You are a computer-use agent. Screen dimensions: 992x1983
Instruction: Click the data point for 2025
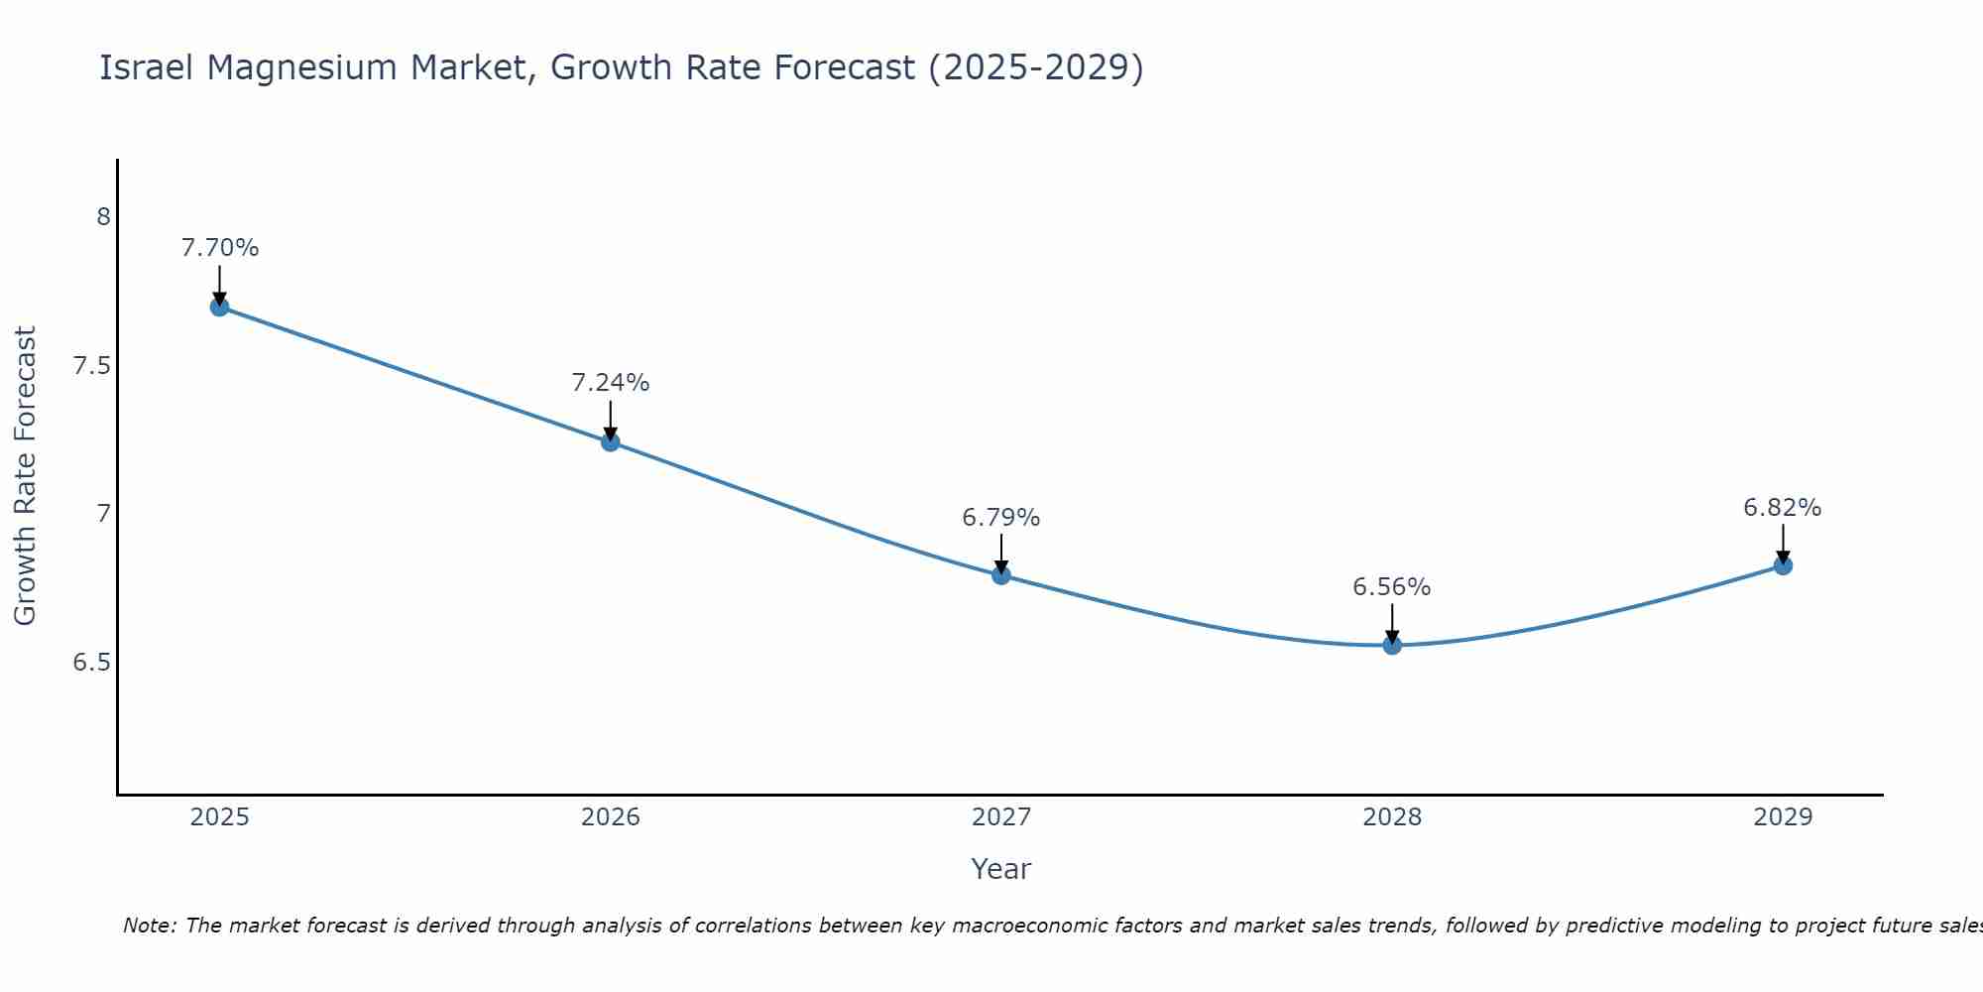click(219, 307)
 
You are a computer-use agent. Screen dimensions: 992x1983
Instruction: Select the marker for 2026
click(611, 441)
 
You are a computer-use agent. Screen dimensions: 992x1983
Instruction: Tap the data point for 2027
click(1001, 574)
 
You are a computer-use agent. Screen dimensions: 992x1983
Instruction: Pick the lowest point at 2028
click(1392, 645)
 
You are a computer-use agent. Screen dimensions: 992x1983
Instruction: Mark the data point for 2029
click(1783, 565)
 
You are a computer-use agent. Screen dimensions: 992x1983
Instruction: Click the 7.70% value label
click(219, 248)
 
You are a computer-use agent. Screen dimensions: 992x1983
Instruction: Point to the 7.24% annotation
click(611, 383)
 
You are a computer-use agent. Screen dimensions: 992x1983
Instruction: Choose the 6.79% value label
click(1001, 518)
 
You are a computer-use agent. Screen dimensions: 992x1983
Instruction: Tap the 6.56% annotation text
click(1392, 587)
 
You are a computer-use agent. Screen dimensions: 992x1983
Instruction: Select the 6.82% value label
click(1783, 508)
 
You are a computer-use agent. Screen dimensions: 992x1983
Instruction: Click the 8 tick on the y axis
click(103, 216)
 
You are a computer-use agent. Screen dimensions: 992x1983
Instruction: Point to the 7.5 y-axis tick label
click(92, 366)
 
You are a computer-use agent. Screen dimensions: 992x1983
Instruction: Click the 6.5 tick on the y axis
click(92, 662)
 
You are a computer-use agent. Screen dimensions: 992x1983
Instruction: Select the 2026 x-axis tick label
click(611, 817)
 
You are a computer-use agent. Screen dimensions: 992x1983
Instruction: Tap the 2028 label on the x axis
click(1392, 817)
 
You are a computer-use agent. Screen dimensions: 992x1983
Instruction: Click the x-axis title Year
click(1001, 869)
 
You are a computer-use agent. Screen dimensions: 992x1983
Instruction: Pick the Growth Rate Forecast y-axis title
click(25, 476)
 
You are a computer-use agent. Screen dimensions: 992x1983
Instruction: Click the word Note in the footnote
click(149, 926)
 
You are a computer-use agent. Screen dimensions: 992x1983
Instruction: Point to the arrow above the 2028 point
click(1392, 623)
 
